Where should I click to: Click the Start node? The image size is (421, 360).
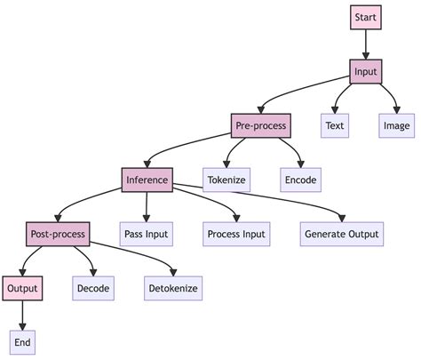point(366,17)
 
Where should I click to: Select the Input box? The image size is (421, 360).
point(366,71)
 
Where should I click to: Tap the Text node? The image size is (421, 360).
point(335,125)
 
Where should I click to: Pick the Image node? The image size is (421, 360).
point(396,125)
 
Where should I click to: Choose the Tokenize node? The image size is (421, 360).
point(226,180)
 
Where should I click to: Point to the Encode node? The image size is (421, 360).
point(299,180)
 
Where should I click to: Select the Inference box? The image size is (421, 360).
point(147,180)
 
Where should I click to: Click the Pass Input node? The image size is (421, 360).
point(146,234)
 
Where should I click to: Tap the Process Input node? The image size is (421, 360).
point(235,234)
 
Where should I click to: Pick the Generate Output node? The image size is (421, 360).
point(342,234)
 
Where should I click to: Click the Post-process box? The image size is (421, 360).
point(57,234)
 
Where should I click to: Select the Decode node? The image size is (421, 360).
point(93,288)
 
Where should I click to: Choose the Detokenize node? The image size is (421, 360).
point(173,288)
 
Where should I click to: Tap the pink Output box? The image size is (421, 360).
point(22,288)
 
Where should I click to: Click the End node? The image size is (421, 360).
point(22,342)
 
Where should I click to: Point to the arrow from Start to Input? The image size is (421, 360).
point(366,44)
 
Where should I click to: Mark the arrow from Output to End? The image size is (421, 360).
point(22,315)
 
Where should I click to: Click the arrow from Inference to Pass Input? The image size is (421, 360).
point(146,206)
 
